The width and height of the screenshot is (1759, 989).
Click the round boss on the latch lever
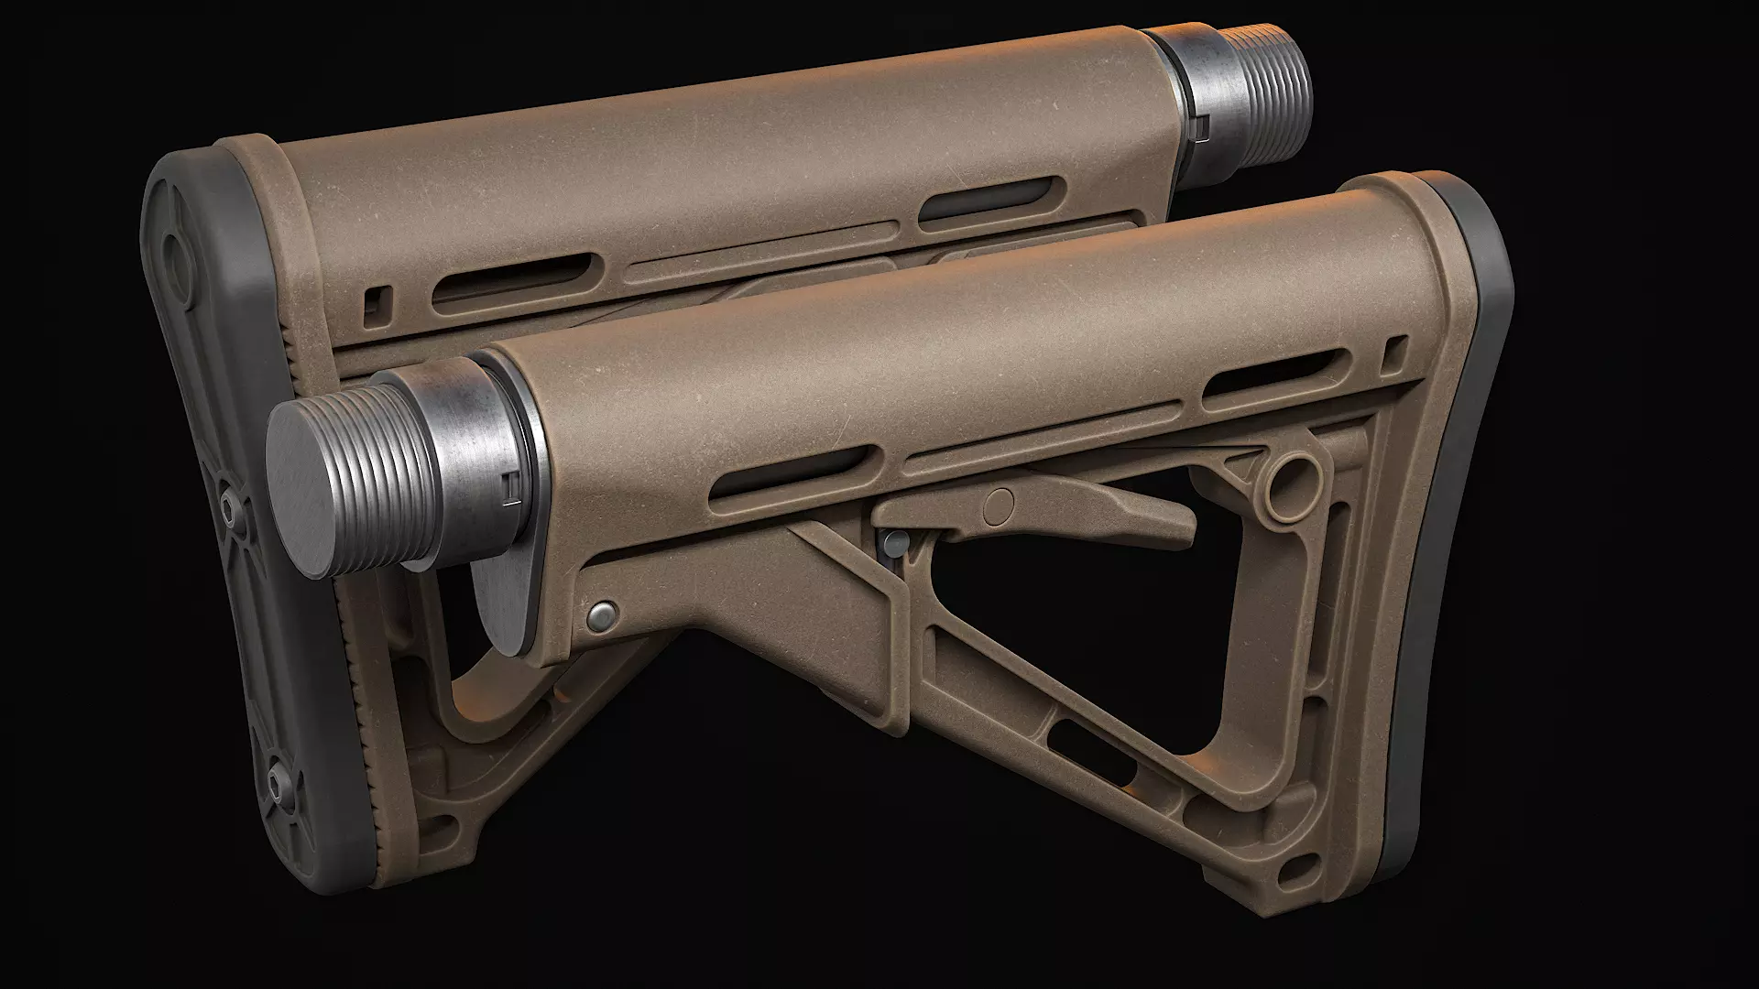(x=1001, y=503)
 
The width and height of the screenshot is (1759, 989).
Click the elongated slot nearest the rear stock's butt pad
(x=513, y=280)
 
